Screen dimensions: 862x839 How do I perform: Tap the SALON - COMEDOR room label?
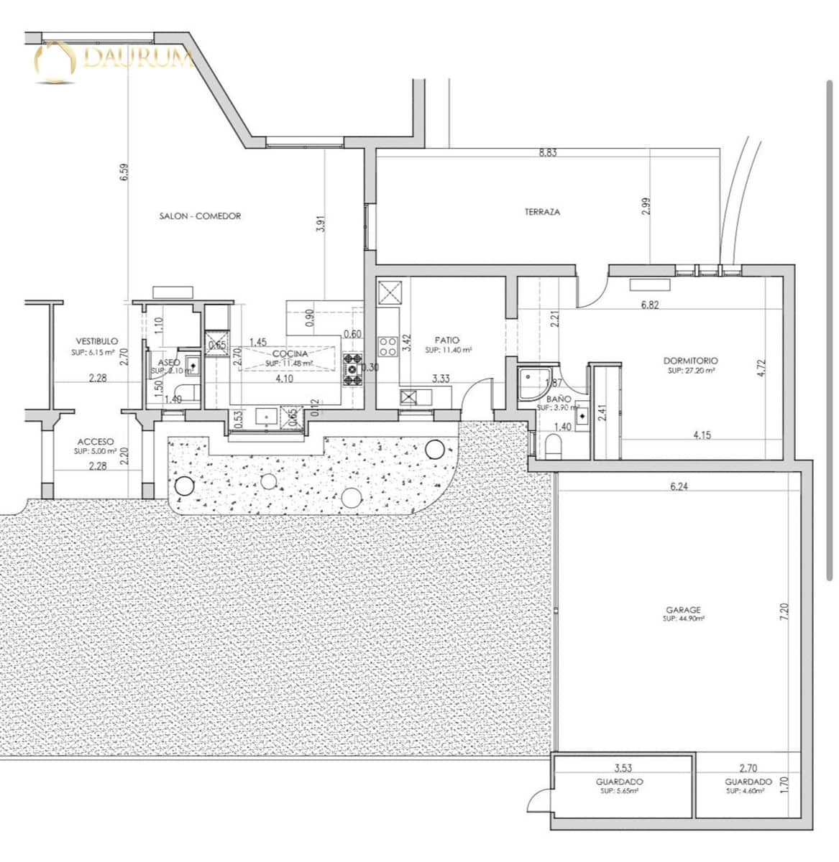pos(200,215)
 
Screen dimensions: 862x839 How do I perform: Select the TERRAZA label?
pos(542,212)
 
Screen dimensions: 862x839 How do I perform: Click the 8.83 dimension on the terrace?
pos(548,152)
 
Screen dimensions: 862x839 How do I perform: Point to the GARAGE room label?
pos(683,610)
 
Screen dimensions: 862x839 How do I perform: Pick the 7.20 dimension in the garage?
pos(784,611)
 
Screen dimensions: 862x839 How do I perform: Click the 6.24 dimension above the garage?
pos(679,486)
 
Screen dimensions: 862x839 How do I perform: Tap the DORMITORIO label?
pos(690,361)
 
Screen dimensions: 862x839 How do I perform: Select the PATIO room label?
pos(446,340)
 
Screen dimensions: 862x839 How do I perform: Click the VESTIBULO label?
pos(97,341)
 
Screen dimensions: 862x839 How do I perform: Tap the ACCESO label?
pos(95,442)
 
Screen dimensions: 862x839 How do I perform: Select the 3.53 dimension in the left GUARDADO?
pos(623,768)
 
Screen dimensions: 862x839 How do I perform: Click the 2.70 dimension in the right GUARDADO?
pos(748,768)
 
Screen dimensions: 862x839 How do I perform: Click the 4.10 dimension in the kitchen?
pos(285,379)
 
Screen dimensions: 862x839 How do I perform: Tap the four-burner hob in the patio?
pos(388,346)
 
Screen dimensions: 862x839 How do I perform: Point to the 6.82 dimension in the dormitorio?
pos(650,305)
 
